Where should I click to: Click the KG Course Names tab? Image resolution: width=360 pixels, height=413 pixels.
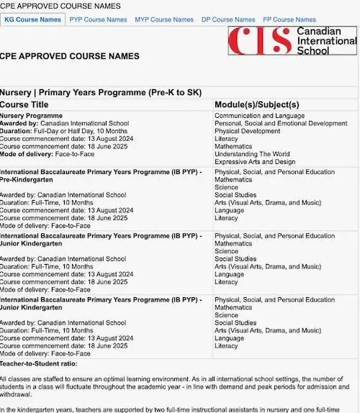coord(33,19)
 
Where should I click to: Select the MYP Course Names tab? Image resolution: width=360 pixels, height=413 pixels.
coord(164,19)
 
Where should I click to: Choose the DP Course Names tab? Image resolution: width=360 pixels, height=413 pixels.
coord(228,19)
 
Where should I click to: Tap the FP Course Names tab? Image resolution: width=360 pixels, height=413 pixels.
coord(289,19)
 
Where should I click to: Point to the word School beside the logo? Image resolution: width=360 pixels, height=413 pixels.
coord(314,51)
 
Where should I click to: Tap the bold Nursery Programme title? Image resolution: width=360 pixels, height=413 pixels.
coord(31,115)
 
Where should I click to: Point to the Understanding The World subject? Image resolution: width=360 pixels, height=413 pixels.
coord(252,154)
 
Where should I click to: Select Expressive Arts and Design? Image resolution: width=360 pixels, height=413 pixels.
coord(253,162)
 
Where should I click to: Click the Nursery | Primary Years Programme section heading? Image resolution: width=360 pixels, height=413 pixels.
coord(104,93)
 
